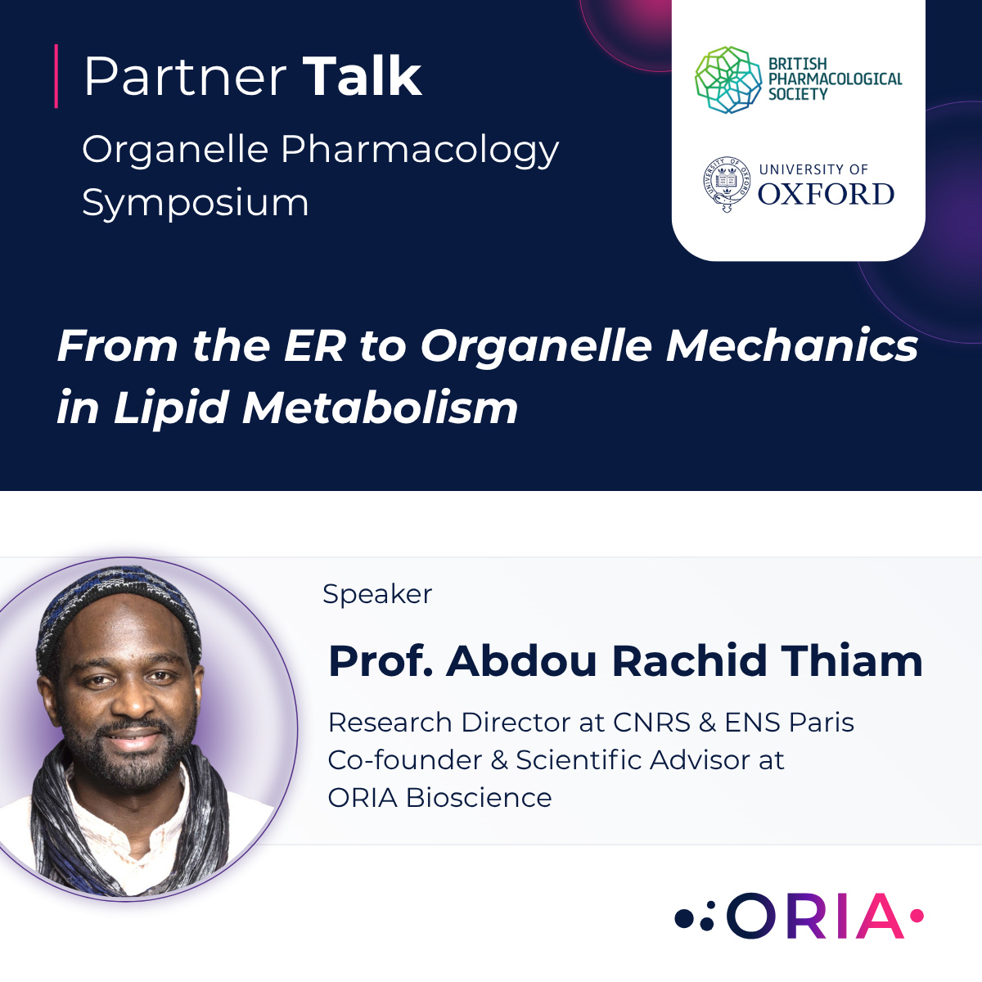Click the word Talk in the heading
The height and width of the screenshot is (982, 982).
click(362, 77)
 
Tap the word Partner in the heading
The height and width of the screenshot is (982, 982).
click(185, 77)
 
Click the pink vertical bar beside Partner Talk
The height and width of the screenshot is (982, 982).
click(56, 76)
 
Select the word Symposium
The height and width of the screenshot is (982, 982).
click(196, 202)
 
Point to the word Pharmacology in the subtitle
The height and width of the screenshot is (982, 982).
click(420, 150)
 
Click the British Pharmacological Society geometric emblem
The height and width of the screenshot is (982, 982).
click(728, 79)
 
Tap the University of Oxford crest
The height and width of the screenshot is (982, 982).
click(726, 184)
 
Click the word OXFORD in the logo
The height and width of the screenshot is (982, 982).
click(826, 195)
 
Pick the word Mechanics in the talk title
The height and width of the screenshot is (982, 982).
click(792, 345)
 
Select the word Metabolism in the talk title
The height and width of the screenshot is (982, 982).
click(381, 408)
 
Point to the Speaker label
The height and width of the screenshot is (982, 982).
click(377, 594)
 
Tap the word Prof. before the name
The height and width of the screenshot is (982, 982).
click(381, 661)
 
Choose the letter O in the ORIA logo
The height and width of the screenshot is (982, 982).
click(751, 916)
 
